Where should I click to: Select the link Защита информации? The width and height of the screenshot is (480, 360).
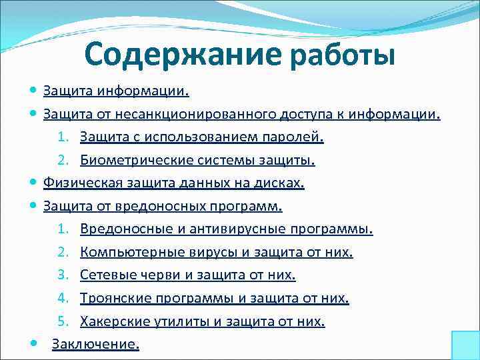116,91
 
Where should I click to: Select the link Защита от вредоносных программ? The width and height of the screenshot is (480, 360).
163,206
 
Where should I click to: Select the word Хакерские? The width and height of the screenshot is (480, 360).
109,321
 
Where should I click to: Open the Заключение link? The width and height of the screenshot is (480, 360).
95,345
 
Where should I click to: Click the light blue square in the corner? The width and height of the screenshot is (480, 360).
465,345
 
